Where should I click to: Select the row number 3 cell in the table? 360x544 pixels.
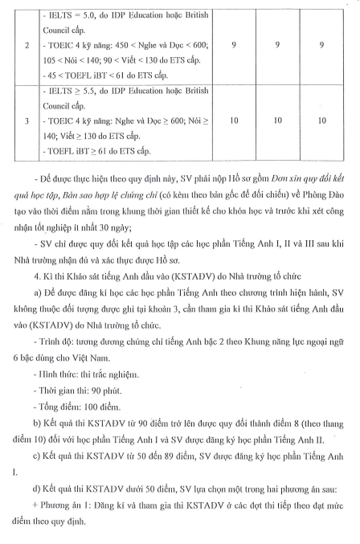pyautogui.click(x=27, y=121)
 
